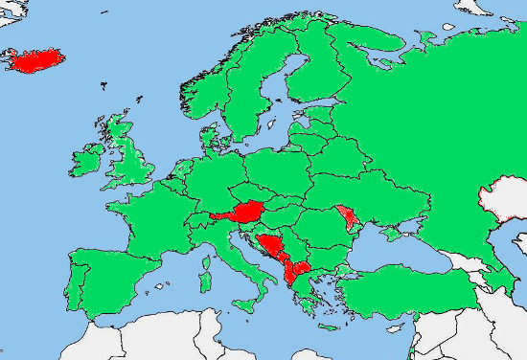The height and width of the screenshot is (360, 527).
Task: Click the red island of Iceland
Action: [36, 60]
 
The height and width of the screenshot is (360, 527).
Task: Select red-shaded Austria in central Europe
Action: [246, 212]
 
